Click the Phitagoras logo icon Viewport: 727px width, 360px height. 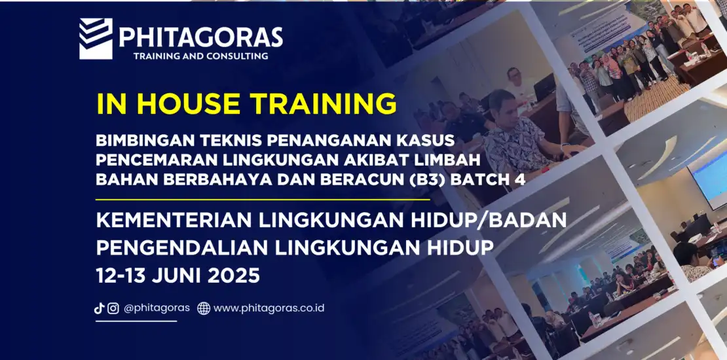tap(96, 39)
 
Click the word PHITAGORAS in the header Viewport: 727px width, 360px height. tap(201, 37)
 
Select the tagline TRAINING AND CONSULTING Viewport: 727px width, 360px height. tap(201, 56)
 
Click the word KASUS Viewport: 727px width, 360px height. tap(431, 139)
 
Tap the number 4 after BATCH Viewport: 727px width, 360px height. tap(521, 180)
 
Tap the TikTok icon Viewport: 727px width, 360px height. tap(99, 308)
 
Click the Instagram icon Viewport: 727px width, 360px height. tap(113, 308)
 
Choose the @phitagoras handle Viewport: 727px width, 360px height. tap(157, 308)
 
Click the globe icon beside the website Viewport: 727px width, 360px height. tap(204, 308)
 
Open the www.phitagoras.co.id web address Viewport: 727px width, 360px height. tap(269, 308)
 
